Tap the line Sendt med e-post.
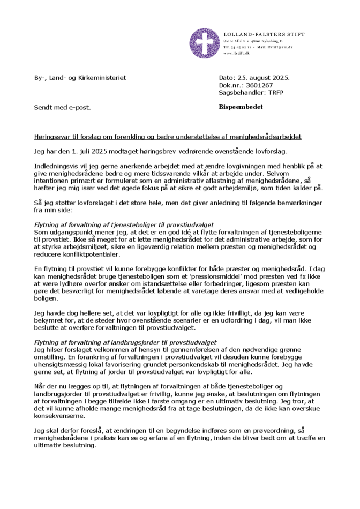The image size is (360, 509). [63, 108]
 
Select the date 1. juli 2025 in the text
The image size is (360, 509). [86, 152]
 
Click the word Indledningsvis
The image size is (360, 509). [55, 167]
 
